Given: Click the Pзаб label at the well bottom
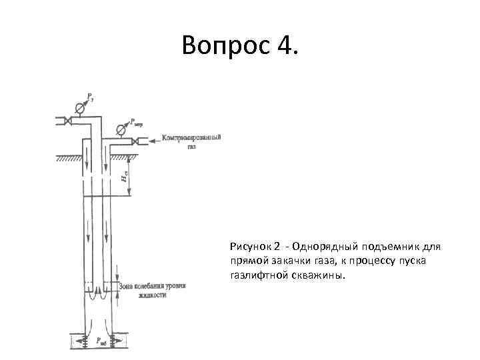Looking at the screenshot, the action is (100, 340).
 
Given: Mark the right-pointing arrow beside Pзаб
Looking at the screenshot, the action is (117, 340).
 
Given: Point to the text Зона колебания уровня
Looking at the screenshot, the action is (152, 286).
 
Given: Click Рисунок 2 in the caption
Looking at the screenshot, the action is (251, 247).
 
